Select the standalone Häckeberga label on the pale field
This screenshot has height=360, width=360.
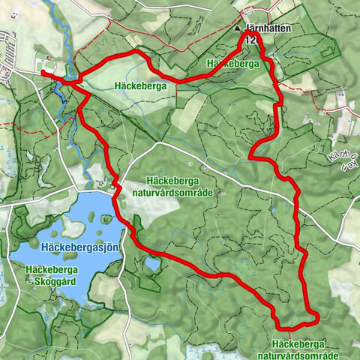point(140,85)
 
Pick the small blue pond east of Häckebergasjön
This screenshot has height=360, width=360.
point(152,264)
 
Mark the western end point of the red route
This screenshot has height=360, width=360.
point(43,72)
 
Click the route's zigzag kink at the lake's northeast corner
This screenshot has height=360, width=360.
point(115,186)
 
